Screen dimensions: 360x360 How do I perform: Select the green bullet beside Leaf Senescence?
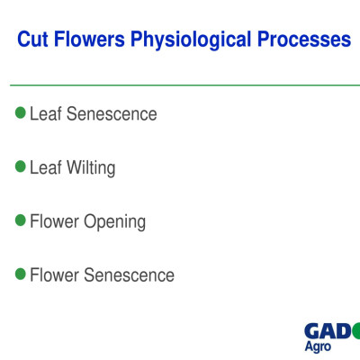(21, 113)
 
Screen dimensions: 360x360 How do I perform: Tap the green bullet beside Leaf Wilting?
(21, 166)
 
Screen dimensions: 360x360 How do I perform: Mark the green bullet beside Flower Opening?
(21, 220)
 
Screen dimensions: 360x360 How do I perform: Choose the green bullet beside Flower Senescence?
(21, 274)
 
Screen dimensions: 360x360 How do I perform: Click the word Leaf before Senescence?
(45, 114)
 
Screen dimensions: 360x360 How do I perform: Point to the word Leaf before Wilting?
(45, 167)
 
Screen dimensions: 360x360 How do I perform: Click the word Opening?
(115, 222)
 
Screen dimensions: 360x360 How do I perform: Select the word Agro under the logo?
(318, 347)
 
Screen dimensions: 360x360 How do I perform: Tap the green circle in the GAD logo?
(356, 330)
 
